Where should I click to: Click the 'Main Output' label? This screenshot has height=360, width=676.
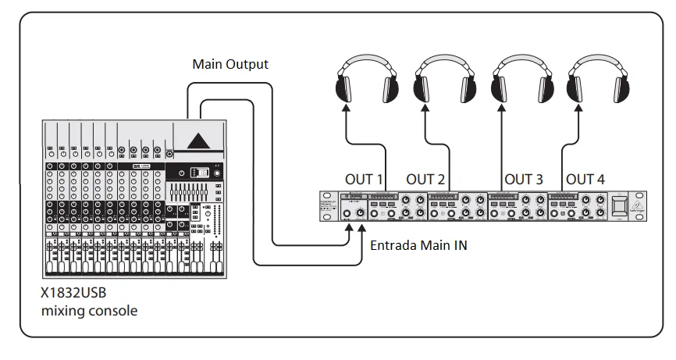tap(230, 64)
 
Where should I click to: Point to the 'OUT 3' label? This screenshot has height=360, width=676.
tap(523, 179)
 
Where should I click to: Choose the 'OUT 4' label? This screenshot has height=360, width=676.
tap(585, 179)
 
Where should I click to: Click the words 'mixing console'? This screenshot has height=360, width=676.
tap(89, 311)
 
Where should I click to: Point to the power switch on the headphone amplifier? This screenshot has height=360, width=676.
tap(619, 205)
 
